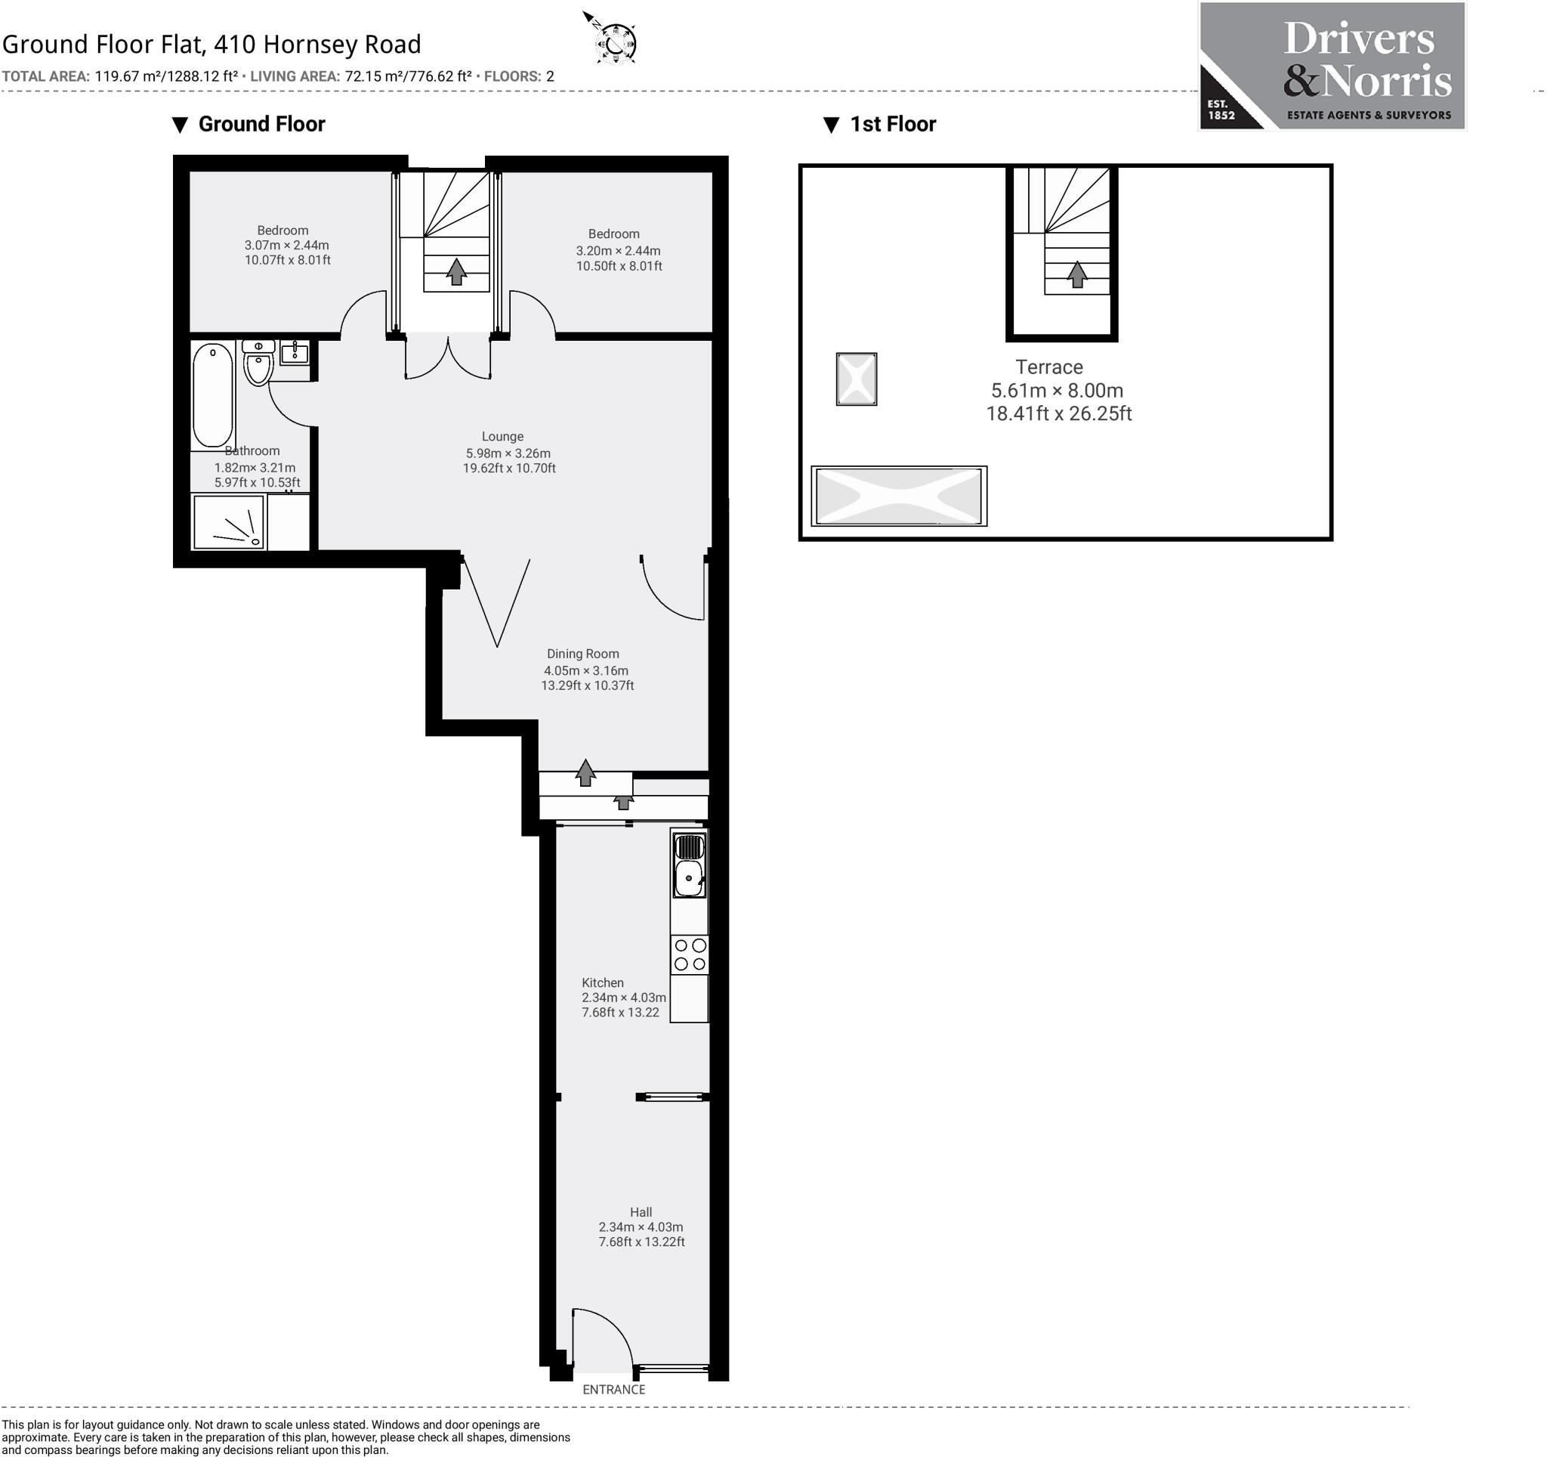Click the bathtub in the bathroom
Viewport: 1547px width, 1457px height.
point(212,394)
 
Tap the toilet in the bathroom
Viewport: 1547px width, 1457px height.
point(258,364)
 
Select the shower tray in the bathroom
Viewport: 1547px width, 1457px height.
point(229,522)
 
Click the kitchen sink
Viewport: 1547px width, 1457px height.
point(689,878)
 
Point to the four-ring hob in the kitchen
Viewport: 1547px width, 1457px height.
point(690,955)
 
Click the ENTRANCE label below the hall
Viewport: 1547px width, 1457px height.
point(613,1389)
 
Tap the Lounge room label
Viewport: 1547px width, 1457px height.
point(502,437)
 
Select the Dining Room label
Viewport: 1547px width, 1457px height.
point(582,654)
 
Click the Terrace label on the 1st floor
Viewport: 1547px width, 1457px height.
point(1048,367)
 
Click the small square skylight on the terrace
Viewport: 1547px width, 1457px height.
point(856,379)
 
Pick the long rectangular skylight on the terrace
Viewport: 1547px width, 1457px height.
point(899,496)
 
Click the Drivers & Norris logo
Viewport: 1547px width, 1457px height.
point(1332,67)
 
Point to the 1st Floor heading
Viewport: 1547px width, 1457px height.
point(892,125)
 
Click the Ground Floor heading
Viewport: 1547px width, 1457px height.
point(261,125)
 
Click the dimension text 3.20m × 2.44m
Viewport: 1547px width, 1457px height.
point(618,251)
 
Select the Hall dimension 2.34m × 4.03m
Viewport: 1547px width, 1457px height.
point(641,1227)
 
